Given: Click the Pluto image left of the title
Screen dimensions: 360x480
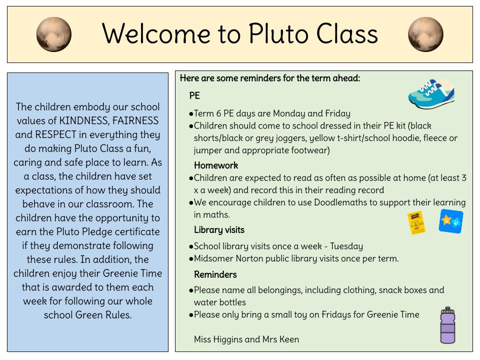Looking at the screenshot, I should [x=54, y=34].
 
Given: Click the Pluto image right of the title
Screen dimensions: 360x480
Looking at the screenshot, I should [x=425, y=34].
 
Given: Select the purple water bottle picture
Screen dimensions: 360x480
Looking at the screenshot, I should [x=447, y=325].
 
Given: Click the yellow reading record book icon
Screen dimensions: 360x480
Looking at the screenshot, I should [x=416, y=223].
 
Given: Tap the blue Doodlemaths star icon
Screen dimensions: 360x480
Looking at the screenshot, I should [x=450, y=221].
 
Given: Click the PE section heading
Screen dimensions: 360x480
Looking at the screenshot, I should [x=194, y=95].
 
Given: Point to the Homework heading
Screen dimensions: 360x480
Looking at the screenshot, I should [x=216, y=165].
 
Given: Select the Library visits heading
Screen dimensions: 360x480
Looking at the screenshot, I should [x=219, y=229].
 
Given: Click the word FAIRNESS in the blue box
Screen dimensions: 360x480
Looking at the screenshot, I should [x=136, y=120].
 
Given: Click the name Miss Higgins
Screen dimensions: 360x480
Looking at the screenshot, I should [x=219, y=339].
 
